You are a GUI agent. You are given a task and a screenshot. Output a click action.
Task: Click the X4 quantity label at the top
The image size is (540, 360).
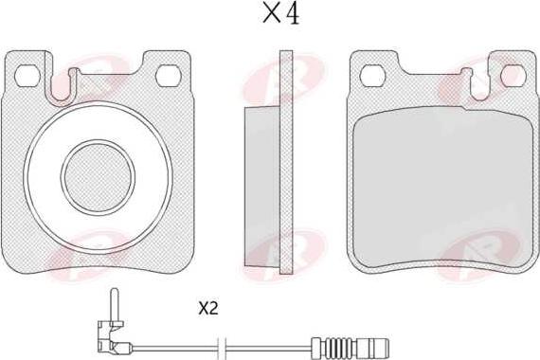(x=280, y=14)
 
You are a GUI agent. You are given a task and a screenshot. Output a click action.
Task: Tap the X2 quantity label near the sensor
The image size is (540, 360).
(x=208, y=309)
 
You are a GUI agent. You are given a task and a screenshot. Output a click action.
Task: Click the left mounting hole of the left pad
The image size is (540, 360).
(x=27, y=76)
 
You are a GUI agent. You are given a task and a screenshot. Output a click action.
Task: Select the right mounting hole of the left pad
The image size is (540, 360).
(x=168, y=76)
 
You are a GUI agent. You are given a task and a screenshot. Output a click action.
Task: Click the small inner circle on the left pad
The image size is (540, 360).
(x=98, y=177)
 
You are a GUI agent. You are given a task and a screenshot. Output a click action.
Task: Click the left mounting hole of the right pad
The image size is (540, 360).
(x=373, y=76)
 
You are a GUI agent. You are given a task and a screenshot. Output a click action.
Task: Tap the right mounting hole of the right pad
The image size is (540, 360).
(x=513, y=76)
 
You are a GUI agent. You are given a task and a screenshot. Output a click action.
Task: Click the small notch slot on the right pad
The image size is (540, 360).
(x=480, y=86)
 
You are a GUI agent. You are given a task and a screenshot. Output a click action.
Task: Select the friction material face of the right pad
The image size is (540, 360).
(x=443, y=189)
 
